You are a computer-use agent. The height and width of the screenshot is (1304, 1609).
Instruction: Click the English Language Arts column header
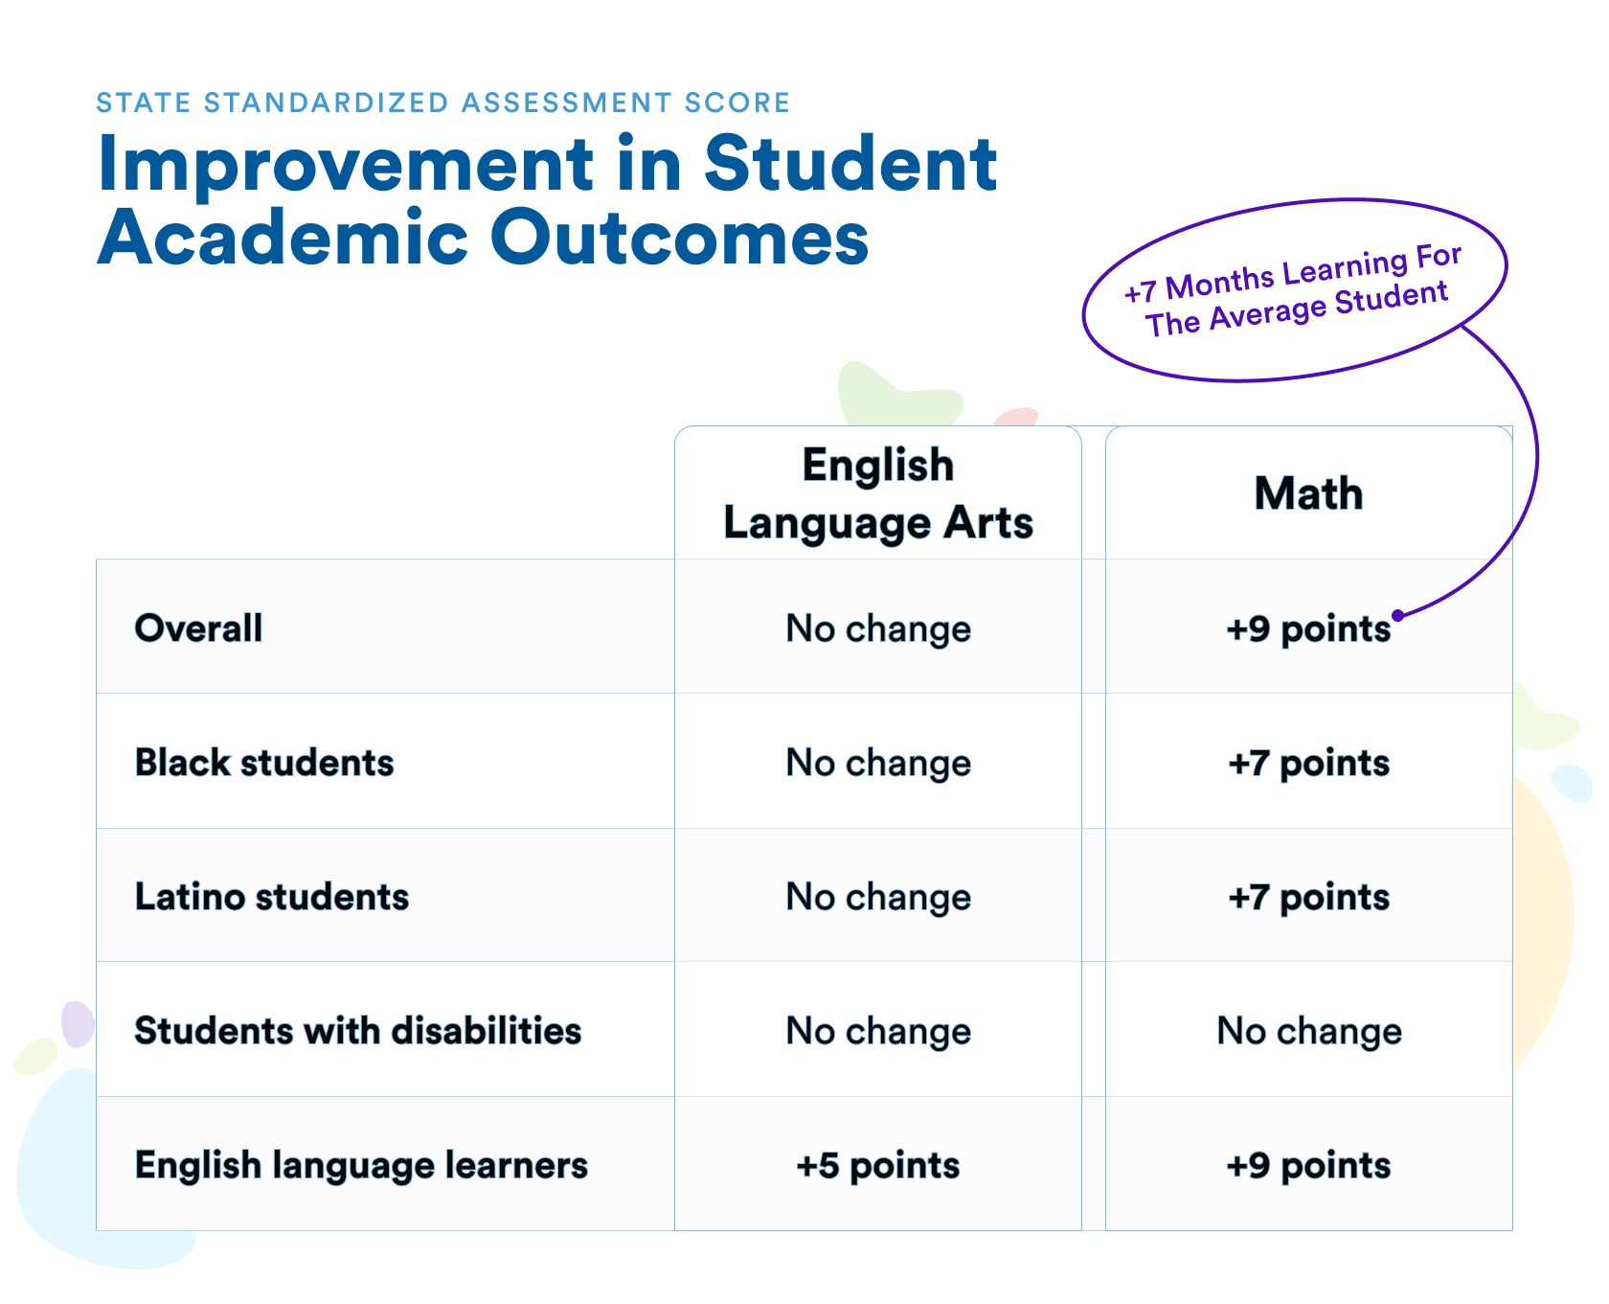click(x=878, y=494)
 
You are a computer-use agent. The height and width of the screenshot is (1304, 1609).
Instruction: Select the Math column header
click(x=1308, y=494)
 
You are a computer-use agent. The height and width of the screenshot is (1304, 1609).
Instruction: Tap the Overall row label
click(x=198, y=629)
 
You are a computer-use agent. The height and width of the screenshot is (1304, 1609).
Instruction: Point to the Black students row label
click(x=264, y=763)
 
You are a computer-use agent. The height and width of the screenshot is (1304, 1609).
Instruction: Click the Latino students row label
click(x=272, y=897)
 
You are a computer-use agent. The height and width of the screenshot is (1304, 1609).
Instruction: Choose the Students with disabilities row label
click(x=358, y=1031)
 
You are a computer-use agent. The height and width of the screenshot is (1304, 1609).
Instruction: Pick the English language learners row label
click(x=361, y=1166)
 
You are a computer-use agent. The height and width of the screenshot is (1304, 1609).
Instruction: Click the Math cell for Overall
click(x=1308, y=629)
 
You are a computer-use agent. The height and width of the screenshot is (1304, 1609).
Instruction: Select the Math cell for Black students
click(x=1308, y=764)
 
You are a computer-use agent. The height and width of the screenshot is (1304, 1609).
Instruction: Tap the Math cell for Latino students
click(x=1308, y=898)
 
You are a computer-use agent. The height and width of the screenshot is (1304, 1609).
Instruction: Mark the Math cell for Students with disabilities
click(x=1309, y=1032)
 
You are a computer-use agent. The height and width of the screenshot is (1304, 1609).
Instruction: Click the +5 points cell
click(x=878, y=1166)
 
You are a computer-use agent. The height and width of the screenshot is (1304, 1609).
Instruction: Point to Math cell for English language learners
click(x=1308, y=1166)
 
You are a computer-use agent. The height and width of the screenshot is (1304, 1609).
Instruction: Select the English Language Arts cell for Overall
click(x=878, y=629)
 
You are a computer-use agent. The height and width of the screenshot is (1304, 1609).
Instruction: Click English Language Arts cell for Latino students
click(x=878, y=898)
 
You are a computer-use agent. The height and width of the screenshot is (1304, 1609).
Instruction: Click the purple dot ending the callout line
click(x=1398, y=615)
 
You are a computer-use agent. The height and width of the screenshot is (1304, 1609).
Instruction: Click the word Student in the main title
click(x=850, y=164)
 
